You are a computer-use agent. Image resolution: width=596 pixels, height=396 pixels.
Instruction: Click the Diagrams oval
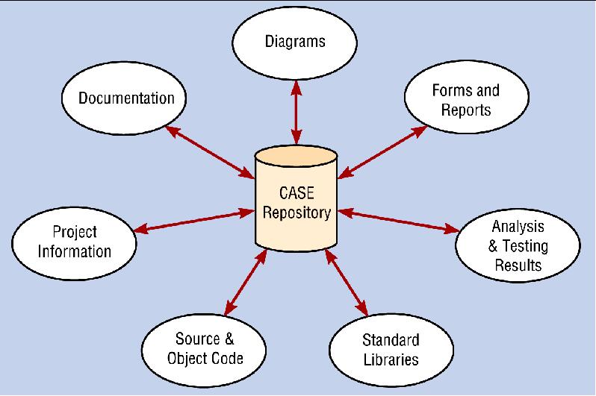click(x=296, y=42)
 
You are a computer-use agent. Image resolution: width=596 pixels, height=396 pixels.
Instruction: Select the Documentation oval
click(x=126, y=98)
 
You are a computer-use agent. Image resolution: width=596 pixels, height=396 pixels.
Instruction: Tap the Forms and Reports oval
click(x=465, y=101)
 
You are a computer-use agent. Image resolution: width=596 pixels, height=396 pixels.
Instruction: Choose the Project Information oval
click(x=75, y=242)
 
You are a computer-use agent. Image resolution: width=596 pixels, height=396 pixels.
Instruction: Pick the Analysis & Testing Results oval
click(x=518, y=245)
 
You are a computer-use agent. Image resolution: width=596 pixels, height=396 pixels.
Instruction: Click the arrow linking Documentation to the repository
click(x=209, y=152)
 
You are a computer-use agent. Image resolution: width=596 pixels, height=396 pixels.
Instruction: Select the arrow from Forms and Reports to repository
click(x=382, y=151)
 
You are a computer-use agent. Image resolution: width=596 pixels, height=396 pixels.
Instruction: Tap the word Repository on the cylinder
click(x=296, y=213)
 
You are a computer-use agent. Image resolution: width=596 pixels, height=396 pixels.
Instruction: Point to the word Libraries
click(x=391, y=359)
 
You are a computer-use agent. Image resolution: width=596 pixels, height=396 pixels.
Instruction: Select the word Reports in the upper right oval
click(x=465, y=110)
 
